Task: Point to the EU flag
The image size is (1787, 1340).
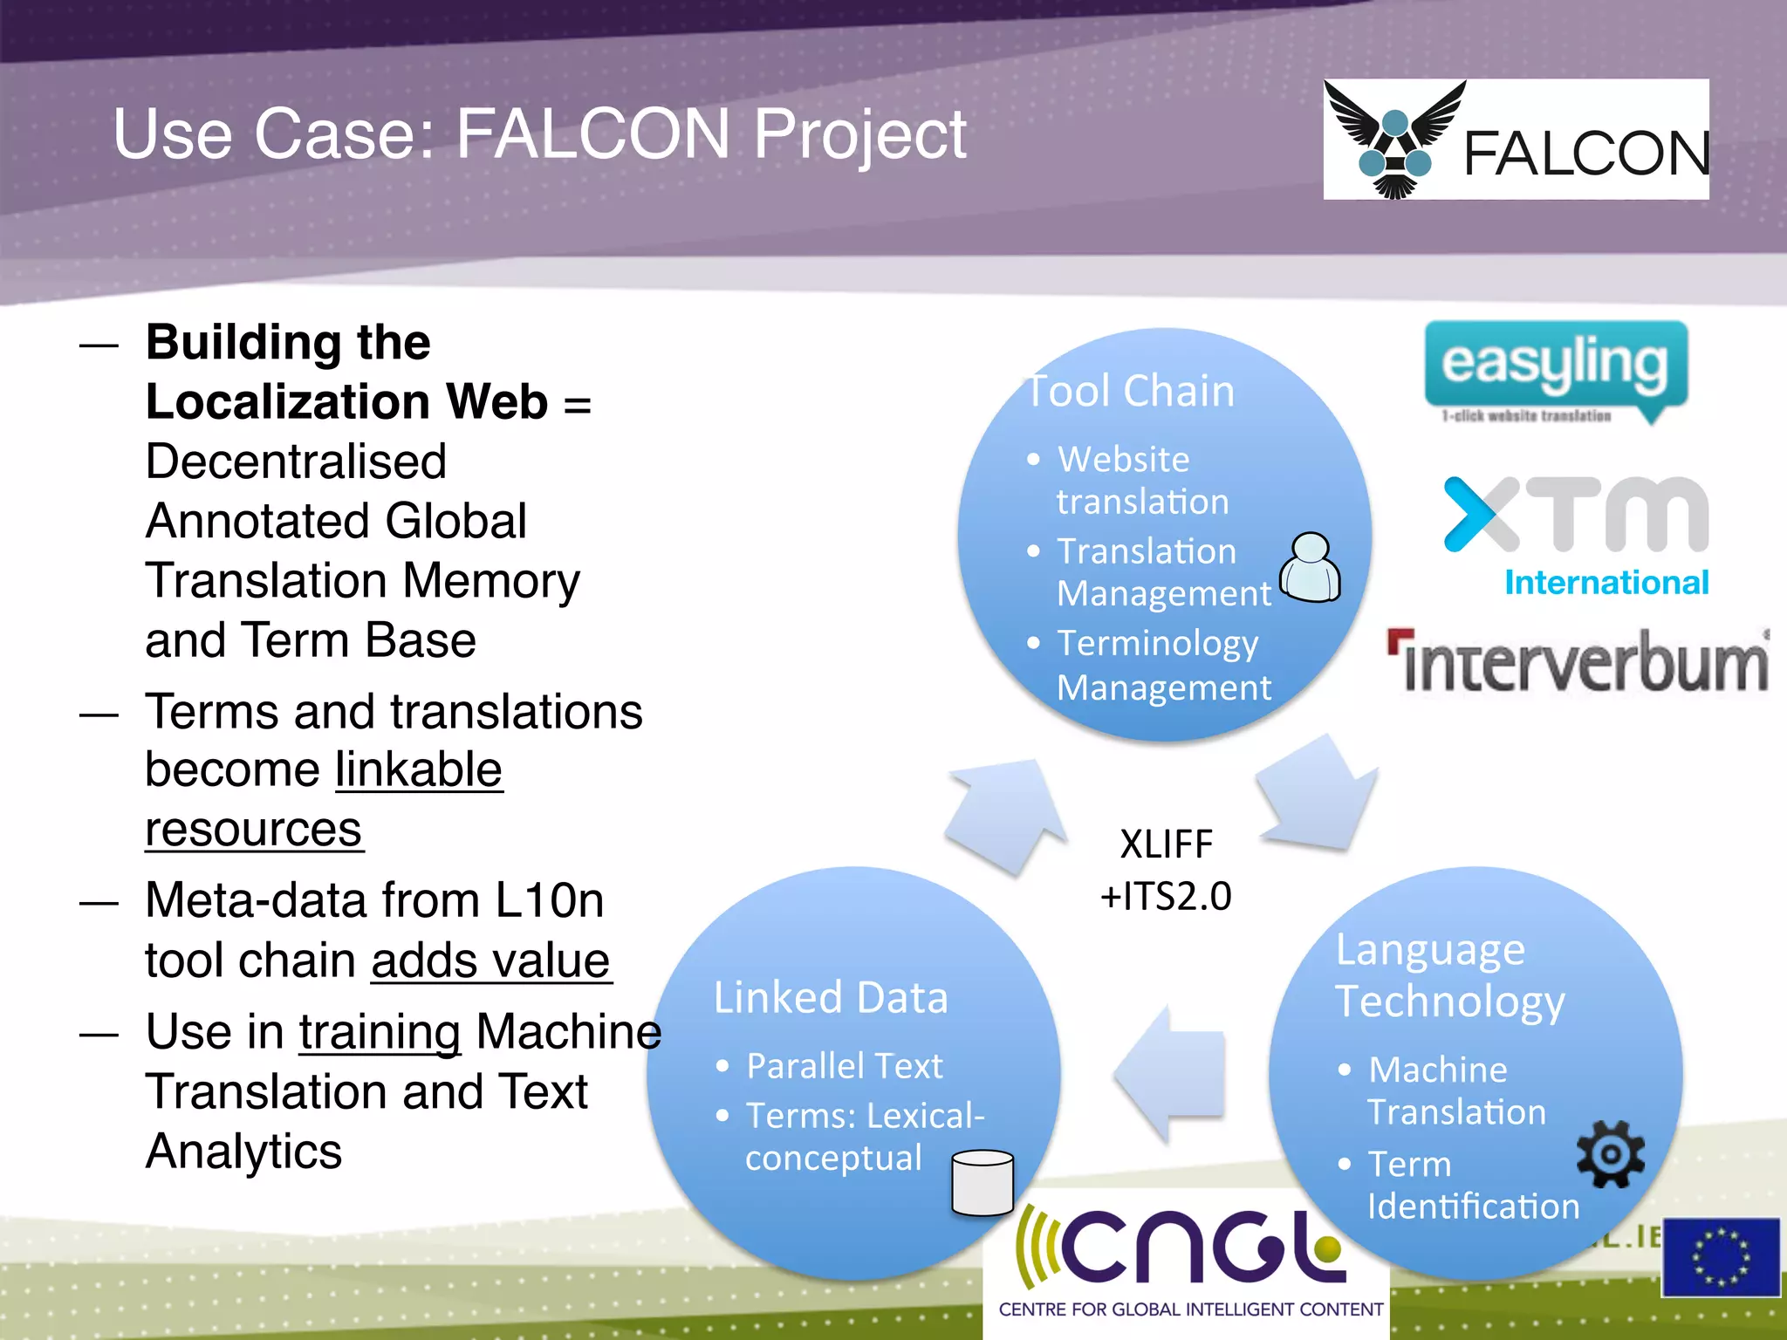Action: [x=1720, y=1257]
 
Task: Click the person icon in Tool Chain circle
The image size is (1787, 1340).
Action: [x=1310, y=568]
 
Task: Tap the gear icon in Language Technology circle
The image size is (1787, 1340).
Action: [x=1610, y=1154]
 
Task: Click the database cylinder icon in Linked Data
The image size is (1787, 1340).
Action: [x=983, y=1183]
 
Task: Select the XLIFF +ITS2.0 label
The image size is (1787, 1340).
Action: [x=1166, y=870]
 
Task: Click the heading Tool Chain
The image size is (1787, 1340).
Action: [x=1131, y=391]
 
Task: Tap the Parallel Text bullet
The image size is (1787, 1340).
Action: [x=844, y=1066]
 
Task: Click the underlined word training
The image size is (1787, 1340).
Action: [x=380, y=1032]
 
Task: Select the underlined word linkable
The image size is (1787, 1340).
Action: [x=419, y=769]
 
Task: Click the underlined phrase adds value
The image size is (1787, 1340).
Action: [x=490, y=961]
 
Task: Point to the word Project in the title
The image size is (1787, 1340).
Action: [x=859, y=134]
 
